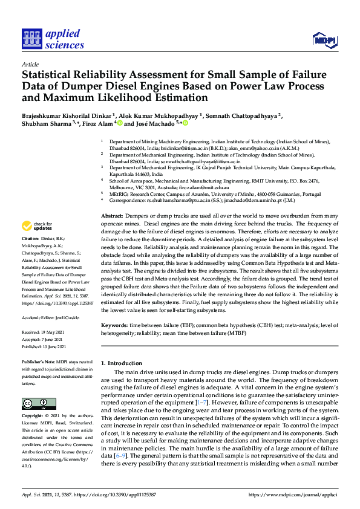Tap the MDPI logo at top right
324,41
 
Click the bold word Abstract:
112,216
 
